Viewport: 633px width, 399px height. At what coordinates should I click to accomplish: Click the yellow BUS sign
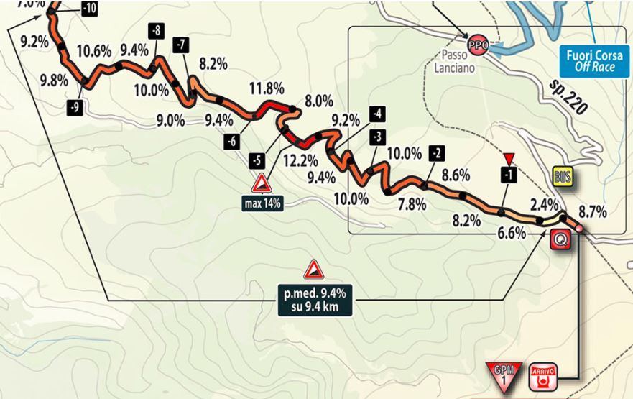tap(562, 177)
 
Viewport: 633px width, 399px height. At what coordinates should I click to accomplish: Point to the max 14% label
tap(262, 203)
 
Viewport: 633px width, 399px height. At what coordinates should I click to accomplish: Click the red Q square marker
tap(560, 240)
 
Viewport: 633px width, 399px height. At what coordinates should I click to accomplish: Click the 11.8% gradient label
tap(266, 88)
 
